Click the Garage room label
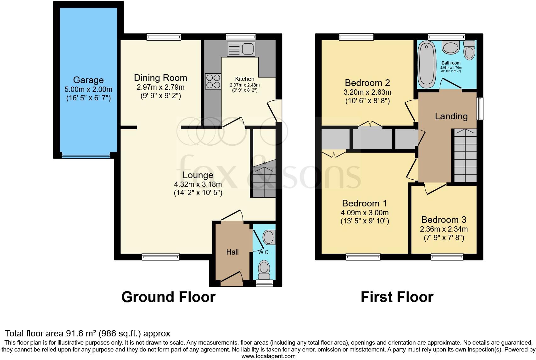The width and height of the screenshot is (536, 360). coord(88,80)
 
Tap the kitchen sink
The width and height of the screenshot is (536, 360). coord(241,49)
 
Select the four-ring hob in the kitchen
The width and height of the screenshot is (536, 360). coord(213,81)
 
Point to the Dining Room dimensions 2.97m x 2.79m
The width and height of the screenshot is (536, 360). coord(160,87)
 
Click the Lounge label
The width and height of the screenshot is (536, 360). coord(198,175)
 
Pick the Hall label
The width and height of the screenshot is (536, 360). coord(232,252)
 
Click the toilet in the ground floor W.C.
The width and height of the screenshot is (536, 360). coord(264,268)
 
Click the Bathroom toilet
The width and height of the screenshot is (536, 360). coord(469,50)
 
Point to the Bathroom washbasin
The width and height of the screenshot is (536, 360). coord(451,48)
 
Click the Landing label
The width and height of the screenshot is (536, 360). coord(451,116)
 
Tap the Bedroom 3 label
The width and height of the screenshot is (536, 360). coord(444,219)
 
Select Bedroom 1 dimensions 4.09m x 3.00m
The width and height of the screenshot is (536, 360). coord(365,213)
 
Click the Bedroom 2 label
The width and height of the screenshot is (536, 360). coord(367,83)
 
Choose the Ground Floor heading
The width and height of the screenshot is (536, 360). coord(168,297)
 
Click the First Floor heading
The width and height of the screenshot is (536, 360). coord(397,297)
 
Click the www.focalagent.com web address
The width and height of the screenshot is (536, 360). coord(268,356)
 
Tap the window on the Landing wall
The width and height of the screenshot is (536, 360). coord(480,109)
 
